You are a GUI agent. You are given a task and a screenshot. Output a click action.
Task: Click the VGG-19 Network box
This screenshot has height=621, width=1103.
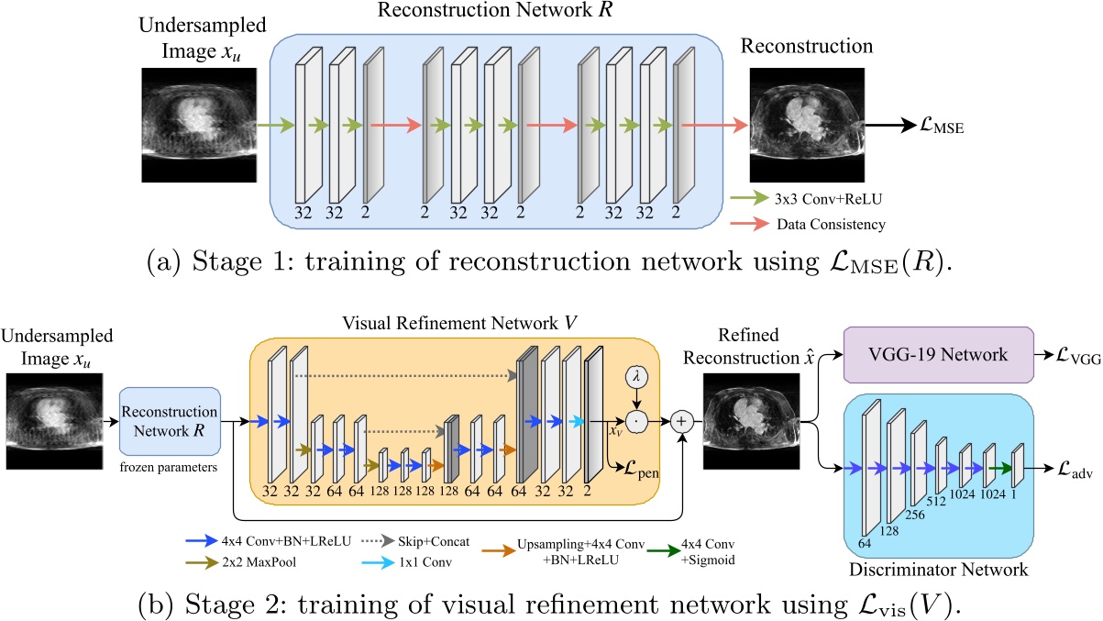pos(939,355)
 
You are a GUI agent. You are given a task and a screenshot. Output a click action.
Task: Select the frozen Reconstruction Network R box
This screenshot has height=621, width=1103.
pos(170,421)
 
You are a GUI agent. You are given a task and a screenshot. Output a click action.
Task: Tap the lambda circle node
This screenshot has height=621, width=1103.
pos(636,377)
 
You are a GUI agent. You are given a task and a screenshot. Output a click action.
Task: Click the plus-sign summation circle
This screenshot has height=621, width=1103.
pos(681,422)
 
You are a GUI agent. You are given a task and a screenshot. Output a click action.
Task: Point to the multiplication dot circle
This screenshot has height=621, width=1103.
pos(636,422)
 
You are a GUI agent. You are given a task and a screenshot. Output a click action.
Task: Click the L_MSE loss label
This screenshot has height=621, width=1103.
pos(942,126)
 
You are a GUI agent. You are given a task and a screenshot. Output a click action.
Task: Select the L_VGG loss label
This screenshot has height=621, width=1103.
pos(1078,356)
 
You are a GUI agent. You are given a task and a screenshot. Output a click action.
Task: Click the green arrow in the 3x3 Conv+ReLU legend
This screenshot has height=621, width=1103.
pos(749,198)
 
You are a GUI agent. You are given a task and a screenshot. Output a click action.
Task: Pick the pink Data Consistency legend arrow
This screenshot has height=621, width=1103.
pos(749,224)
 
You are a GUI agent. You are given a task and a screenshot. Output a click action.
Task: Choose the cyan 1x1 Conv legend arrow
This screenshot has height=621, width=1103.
pos(378,562)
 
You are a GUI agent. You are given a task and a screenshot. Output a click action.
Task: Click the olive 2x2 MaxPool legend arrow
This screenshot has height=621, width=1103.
pos(202,562)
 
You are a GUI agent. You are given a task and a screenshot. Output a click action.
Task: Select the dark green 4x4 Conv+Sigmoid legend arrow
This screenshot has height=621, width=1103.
pos(664,550)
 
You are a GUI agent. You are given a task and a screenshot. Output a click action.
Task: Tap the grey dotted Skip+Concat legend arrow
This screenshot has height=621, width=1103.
pos(378,540)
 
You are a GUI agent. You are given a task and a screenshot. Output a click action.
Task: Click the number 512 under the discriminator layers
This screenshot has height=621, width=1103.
pos(935,501)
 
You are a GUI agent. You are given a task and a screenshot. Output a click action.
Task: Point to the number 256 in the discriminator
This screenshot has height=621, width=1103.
pos(914,515)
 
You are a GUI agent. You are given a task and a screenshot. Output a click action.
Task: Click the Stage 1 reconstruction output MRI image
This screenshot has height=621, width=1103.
pos(807,125)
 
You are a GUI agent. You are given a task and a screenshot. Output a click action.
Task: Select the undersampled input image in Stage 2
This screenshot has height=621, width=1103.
pos(55,421)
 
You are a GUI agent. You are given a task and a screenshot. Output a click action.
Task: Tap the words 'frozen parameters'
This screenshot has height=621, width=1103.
pos(169,467)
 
